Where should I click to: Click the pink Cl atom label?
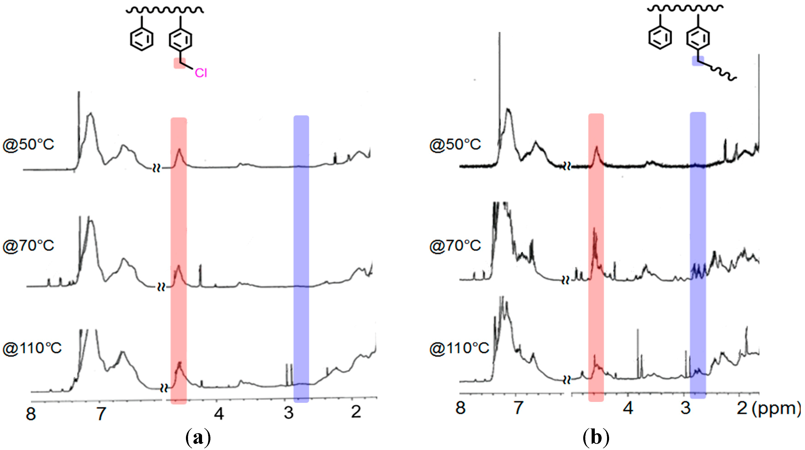[201, 73]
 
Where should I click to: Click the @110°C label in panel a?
[32, 348]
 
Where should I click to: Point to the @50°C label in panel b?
[455, 144]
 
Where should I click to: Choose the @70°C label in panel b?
[455, 246]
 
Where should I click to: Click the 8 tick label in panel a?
[31, 414]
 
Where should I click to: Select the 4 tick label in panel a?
[219, 414]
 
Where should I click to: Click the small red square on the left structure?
[179, 63]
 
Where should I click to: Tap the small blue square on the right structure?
[698, 61]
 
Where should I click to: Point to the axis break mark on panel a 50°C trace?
[156, 168]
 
